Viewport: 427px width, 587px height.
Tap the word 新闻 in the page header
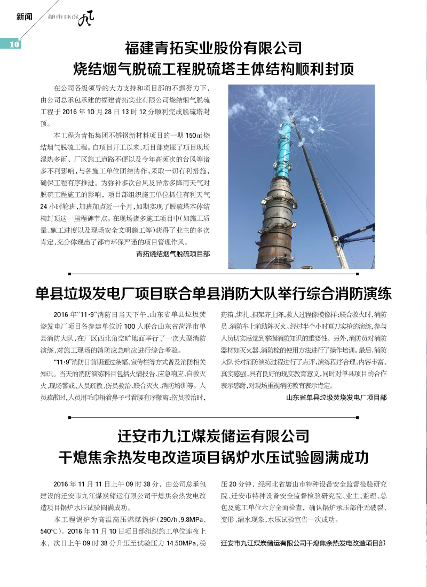[x=25, y=17]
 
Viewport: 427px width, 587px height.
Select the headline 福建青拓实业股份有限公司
[x=213, y=49]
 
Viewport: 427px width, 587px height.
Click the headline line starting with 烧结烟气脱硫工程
[x=213, y=69]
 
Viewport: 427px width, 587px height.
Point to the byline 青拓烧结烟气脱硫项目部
[x=173, y=254]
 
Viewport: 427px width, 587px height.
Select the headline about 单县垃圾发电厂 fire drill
[x=213, y=293]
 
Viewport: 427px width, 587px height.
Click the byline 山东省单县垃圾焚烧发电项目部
[x=336, y=397]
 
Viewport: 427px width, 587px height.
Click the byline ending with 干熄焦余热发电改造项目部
[x=303, y=543]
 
